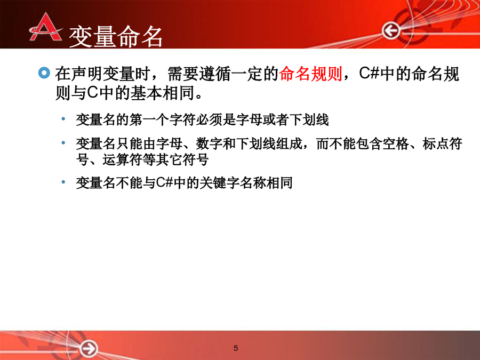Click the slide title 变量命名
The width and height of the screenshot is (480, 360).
point(116,37)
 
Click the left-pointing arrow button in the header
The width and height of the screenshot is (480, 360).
point(391,30)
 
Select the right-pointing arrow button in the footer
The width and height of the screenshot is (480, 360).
point(89,348)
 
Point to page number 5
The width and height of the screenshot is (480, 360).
point(236,348)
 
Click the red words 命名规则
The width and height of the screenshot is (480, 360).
point(310,74)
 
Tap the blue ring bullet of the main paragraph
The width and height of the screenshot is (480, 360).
point(44,73)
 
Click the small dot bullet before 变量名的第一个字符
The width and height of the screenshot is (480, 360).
point(63,119)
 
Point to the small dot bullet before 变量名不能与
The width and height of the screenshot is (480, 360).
point(63,182)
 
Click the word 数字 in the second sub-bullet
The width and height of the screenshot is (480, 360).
point(210,143)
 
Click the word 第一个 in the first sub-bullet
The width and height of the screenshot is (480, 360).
point(149,119)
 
